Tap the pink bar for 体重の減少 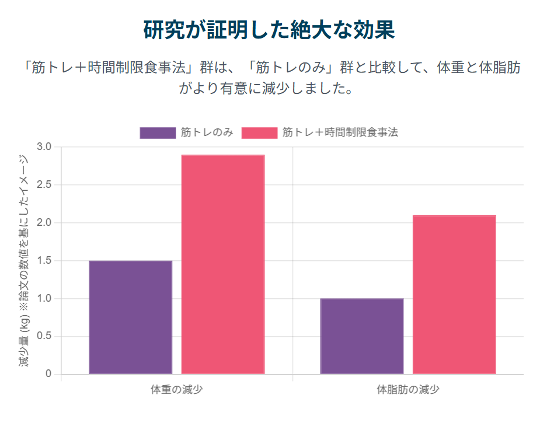222,264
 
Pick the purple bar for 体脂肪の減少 361,336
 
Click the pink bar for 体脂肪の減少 454,295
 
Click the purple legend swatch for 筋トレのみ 157,133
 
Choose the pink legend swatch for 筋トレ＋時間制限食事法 259,133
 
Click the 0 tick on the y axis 48,374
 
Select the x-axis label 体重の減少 176,389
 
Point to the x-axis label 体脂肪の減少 407,389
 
